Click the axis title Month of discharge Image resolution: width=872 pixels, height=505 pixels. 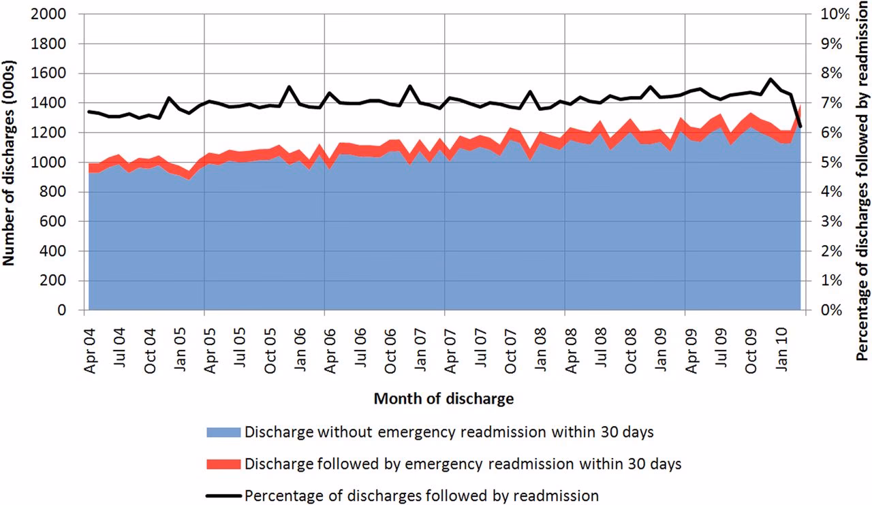coord(443,399)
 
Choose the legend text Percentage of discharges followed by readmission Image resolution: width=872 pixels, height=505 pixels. coord(422,495)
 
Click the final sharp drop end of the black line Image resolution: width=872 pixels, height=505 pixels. coord(800,127)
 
